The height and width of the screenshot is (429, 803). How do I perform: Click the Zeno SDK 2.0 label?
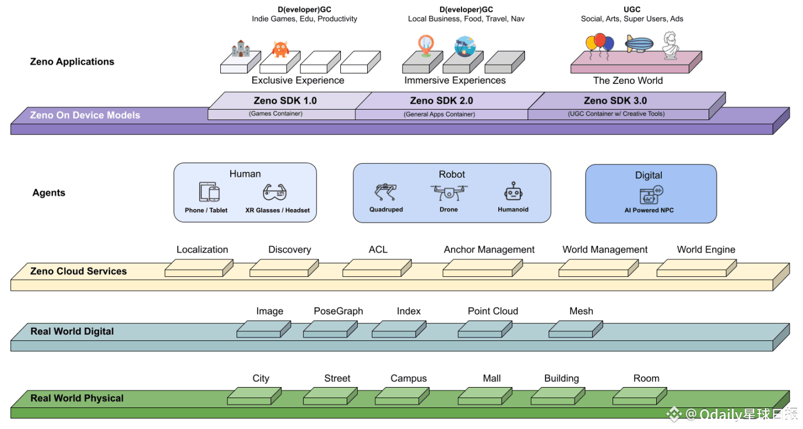441,101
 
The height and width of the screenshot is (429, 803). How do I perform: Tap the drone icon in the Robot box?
449,192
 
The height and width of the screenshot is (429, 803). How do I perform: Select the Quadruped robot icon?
386,193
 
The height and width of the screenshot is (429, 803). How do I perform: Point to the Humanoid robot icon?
513,192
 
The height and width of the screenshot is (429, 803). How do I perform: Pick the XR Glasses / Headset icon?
275,192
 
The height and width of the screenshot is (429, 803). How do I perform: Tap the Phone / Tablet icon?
209,192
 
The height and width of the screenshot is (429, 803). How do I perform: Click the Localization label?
202,249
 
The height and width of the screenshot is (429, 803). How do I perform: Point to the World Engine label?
706,249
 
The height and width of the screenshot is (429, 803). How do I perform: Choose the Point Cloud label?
492,311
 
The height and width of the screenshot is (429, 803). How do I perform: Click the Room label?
646,378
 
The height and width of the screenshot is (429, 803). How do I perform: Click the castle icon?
240,48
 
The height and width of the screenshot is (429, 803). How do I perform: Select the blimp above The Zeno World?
639,44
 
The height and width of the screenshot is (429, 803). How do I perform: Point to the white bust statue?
671,45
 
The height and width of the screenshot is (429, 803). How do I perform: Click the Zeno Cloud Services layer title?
78,271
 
